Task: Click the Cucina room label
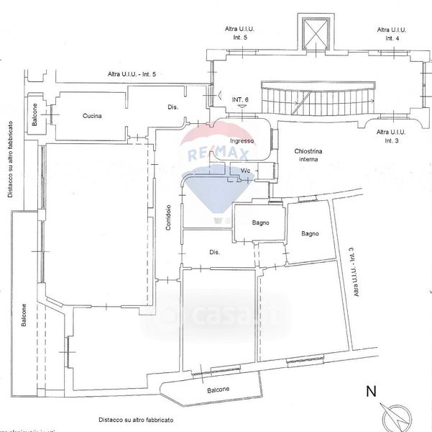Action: pos(92,116)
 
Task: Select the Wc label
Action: pos(245,171)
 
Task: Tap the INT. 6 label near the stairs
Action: pos(241,99)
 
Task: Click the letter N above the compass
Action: pos(372,392)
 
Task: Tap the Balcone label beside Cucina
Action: pos(35,115)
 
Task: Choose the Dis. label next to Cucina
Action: pos(173,107)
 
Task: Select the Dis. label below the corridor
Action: pos(213,253)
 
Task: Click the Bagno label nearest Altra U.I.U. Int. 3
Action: pos(311,233)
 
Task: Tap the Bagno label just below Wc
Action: pos(260,223)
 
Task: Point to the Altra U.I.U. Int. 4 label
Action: pos(392,34)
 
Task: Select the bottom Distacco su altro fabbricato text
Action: pos(137,419)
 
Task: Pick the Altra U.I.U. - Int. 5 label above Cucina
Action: pos(132,74)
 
